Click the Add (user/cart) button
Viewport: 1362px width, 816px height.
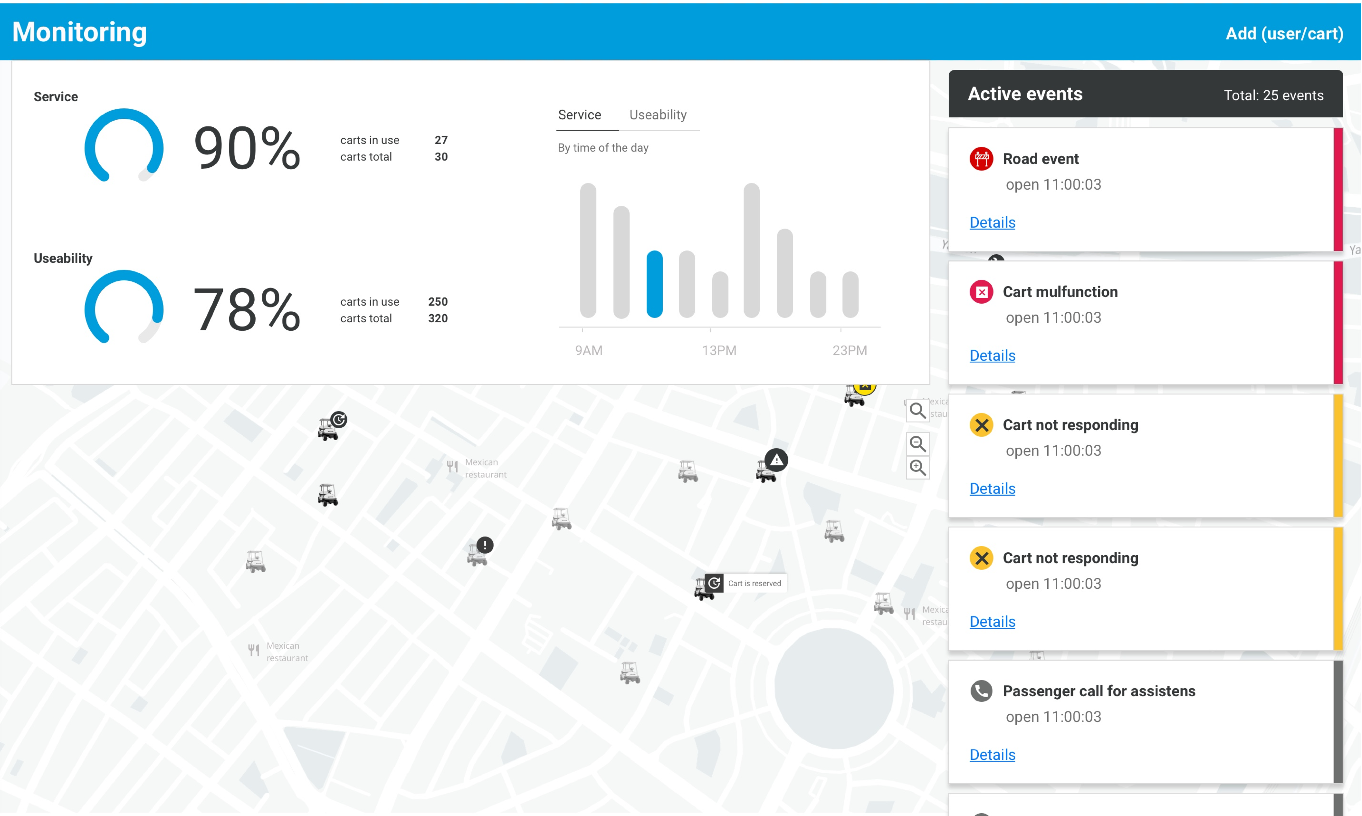point(1284,34)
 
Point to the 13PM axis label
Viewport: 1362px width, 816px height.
point(719,350)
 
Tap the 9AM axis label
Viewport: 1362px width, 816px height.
point(589,350)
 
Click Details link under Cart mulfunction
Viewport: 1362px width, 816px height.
point(992,355)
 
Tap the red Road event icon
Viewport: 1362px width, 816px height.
point(981,159)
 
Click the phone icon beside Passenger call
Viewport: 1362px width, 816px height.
point(981,691)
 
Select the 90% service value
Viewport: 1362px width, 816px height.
point(247,148)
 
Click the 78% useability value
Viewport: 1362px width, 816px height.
point(247,309)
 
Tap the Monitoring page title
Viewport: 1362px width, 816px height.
point(80,32)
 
